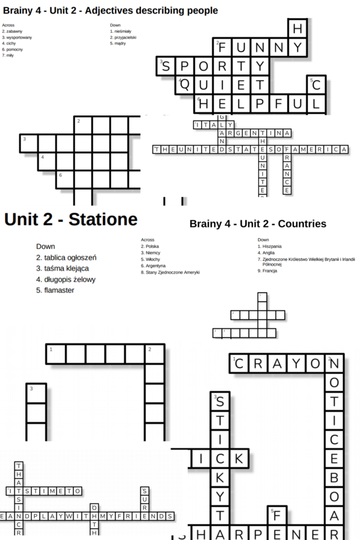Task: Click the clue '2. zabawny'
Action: (13, 31)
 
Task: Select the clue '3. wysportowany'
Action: (17, 37)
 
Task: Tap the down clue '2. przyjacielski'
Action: (123, 37)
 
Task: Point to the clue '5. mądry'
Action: (117, 43)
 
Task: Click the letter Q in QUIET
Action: (185, 85)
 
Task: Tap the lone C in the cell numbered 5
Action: (316, 85)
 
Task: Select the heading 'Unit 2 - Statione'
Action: (71, 219)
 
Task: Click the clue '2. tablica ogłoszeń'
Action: (66, 257)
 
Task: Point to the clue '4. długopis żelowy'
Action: (65, 280)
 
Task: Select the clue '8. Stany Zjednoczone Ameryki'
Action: (170, 272)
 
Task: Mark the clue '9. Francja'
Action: (268, 271)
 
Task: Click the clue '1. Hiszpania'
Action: (269, 246)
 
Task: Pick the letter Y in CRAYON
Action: (296, 364)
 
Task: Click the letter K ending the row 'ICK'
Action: (238, 458)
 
